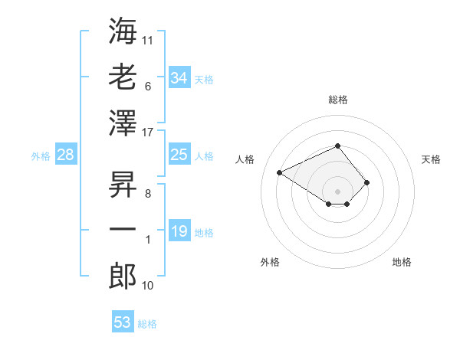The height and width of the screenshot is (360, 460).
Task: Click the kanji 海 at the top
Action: (123, 31)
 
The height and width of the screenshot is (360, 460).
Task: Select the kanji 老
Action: (123, 77)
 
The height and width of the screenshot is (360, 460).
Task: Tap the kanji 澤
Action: (123, 123)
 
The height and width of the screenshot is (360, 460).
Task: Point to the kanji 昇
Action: (123, 185)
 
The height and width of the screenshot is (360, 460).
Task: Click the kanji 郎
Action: (123, 277)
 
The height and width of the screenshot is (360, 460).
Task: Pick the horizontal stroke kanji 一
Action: (123, 229)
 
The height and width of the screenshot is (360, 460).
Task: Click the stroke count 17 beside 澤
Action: (147, 133)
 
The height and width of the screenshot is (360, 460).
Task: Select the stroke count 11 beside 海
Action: (147, 41)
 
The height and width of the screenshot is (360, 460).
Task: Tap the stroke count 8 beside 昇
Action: (148, 194)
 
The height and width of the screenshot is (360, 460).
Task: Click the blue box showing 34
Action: (179, 77)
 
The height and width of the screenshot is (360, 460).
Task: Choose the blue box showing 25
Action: (179, 154)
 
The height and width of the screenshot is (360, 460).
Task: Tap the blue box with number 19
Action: (179, 230)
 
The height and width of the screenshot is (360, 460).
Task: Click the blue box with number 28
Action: (66, 154)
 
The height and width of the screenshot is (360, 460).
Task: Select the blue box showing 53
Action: (123, 321)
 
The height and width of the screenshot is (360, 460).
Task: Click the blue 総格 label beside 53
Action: (147, 324)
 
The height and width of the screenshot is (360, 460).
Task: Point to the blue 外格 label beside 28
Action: (41, 156)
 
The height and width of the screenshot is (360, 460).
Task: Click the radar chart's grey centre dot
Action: (337, 191)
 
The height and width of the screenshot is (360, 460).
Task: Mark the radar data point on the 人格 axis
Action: (280, 172)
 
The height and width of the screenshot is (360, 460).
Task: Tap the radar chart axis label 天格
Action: (431, 159)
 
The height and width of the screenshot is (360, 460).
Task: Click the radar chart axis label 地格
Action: (402, 262)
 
